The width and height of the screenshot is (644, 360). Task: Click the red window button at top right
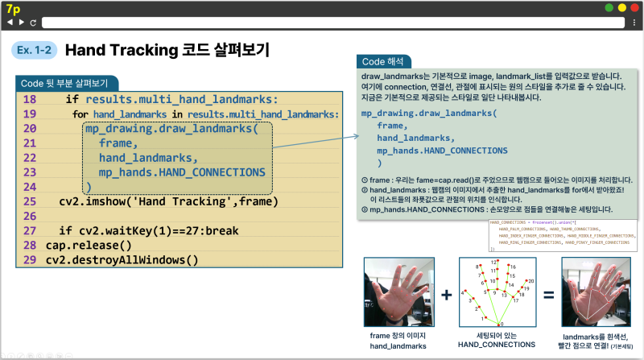(x=634, y=7)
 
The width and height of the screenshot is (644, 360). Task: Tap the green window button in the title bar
(x=609, y=7)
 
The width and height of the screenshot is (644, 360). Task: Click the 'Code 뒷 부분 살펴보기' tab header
(x=65, y=83)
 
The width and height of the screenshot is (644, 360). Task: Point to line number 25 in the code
(x=30, y=201)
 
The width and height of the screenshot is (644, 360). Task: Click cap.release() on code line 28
(x=89, y=245)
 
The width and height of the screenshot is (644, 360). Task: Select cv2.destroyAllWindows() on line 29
(x=122, y=259)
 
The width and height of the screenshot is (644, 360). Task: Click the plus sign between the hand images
(x=446, y=295)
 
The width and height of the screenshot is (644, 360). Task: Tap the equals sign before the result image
(x=548, y=295)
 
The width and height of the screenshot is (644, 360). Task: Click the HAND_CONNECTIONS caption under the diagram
(x=497, y=345)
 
